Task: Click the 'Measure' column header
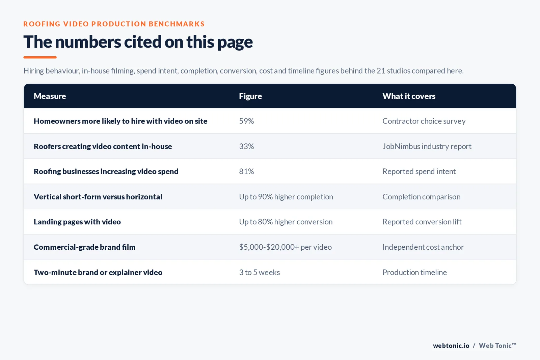pyautogui.click(x=50, y=96)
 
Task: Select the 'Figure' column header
pyautogui.click(x=250, y=96)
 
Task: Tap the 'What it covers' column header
pyautogui.click(x=409, y=96)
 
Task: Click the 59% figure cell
pyautogui.click(x=246, y=121)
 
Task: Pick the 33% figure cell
pyautogui.click(x=246, y=146)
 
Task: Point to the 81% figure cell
pyautogui.click(x=246, y=171)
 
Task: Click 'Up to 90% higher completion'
pyautogui.click(x=286, y=197)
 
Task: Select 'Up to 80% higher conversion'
pyautogui.click(x=286, y=222)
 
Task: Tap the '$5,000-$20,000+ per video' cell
pyautogui.click(x=285, y=247)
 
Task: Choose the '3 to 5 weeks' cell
pyautogui.click(x=260, y=272)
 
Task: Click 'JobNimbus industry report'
pyautogui.click(x=427, y=146)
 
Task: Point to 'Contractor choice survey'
pyautogui.click(x=424, y=121)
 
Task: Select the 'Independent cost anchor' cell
pyautogui.click(x=423, y=247)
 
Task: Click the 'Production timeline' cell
pyautogui.click(x=415, y=272)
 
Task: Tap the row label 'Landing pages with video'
pyautogui.click(x=77, y=222)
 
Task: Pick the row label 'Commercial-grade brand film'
pyautogui.click(x=85, y=247)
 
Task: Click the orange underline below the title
pyautogui.click(x=40, y=57)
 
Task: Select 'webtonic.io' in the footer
pyautogui.click(x=451, y=345)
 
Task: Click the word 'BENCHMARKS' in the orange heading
pyautogui.click(x=177, y=24)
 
